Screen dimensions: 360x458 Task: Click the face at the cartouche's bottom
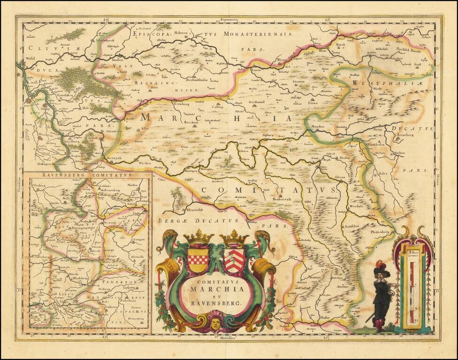click(215, 323)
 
